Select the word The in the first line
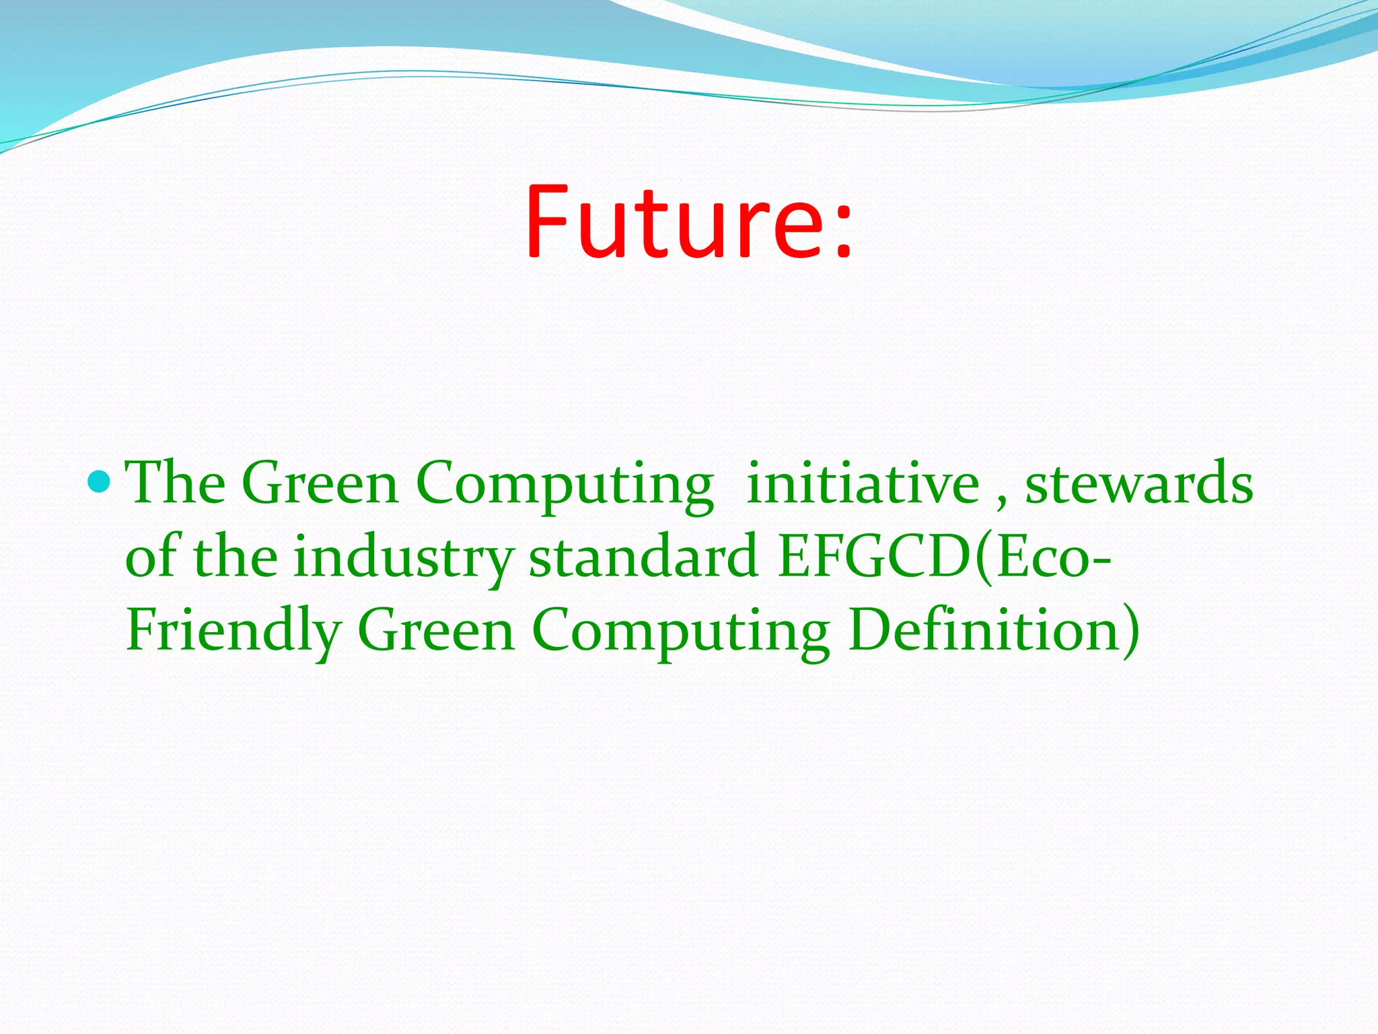click(176, 483)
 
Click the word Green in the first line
click(320, 484)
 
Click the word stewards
click(1138, 484)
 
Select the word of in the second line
click(151, 557)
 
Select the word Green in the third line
click(436, 631)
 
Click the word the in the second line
click(235, 557)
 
